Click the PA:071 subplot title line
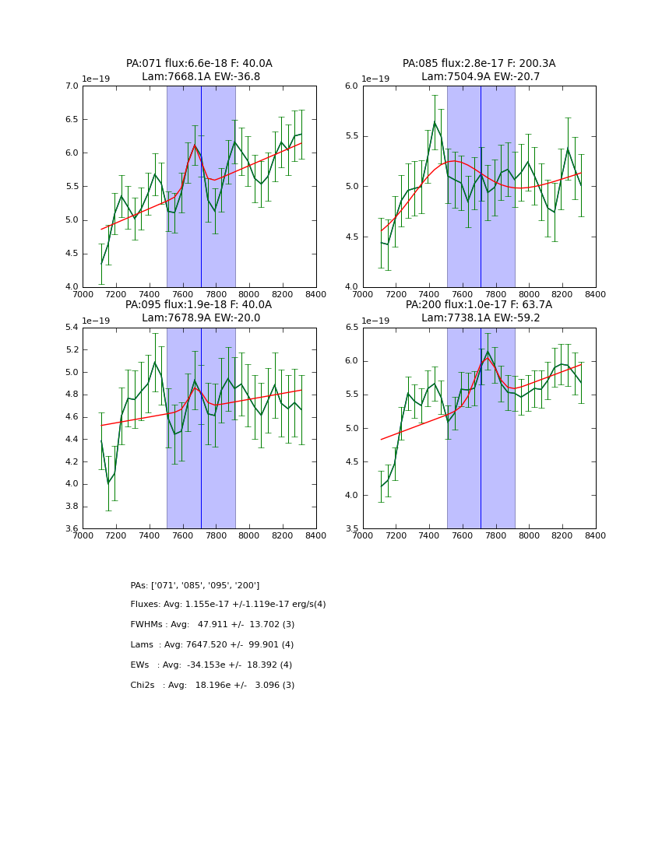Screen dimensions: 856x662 point(199,64)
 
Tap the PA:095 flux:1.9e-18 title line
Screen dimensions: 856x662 point(199,305)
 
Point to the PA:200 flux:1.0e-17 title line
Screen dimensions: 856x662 point(478,305)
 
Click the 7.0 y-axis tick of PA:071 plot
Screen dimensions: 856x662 point(70,86)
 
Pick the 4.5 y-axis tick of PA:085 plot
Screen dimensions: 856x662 point(350,237)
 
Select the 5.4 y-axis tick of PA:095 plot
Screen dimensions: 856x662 point(70,328)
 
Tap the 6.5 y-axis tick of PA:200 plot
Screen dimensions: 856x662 point(350,328)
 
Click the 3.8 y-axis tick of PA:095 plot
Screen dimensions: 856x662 point(70,507)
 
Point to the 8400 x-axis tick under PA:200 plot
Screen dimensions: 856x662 point(595,535)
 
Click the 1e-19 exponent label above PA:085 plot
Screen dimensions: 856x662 point(375,79)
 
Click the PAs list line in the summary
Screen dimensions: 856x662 point(195,585)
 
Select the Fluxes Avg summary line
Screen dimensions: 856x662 point(228,605)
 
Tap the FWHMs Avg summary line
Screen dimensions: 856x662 point(213,625)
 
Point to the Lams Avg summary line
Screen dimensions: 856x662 point(212,645)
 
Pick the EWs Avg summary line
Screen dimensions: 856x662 point(211,665)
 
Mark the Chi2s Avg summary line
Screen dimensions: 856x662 point(213,686)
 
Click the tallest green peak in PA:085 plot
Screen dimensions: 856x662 point(435,121)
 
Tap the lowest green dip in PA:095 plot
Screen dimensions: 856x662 point(108,483)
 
